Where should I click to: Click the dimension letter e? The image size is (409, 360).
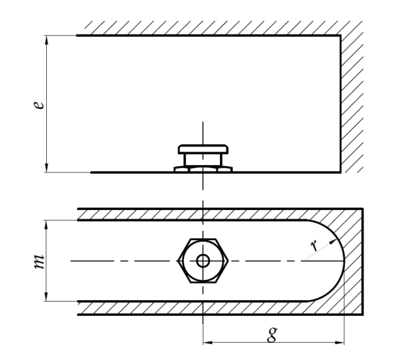[x=39, y=105]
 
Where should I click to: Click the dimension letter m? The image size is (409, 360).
[x=40, y=261]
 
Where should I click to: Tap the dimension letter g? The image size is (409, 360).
[x=272, y=335]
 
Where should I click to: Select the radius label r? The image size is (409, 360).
[x=315, y=245]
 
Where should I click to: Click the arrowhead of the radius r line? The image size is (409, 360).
[x=333, y=242]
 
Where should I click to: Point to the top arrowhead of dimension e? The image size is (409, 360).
[x=47, y=40]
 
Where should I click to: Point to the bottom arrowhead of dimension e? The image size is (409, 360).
[x=47, y=168]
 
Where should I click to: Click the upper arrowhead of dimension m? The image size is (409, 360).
[x=46, y=225]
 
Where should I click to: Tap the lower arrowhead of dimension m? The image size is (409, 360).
[x=46, y=297]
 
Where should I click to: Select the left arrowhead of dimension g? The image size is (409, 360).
[x=208, y=342]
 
